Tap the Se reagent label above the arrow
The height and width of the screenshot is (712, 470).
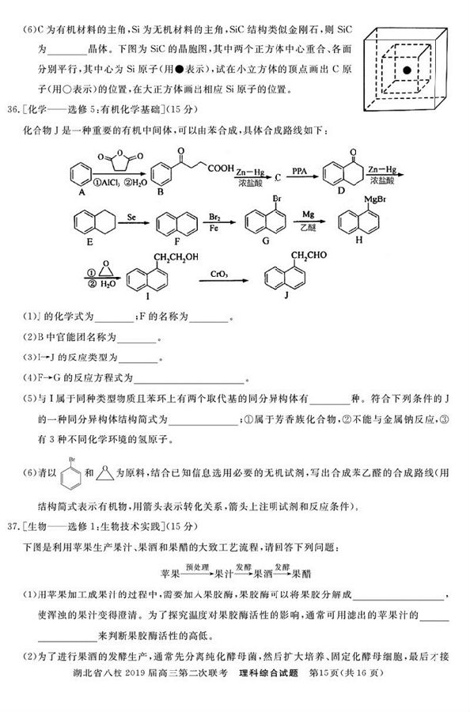(132, 215)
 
